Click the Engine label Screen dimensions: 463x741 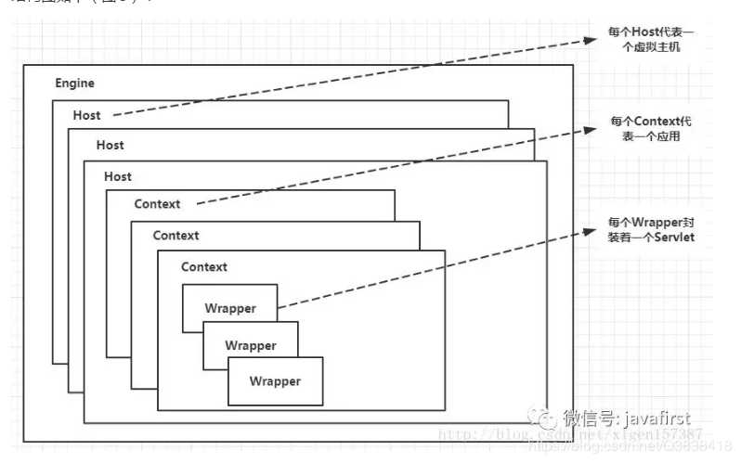coord(74,84)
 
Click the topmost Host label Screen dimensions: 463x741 coord(86,115)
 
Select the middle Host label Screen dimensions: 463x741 coord(110,146)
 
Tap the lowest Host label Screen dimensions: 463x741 coord(118,176)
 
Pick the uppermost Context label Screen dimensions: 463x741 coord(157,204)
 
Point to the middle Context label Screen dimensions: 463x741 coord(175,236)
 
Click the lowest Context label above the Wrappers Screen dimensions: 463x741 coord(204,267)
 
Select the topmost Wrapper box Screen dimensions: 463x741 coord(230,309)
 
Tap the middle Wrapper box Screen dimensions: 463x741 coord(251,346)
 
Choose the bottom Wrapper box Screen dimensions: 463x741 coord(275,381)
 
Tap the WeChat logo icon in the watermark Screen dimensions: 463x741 coord(544,419)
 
